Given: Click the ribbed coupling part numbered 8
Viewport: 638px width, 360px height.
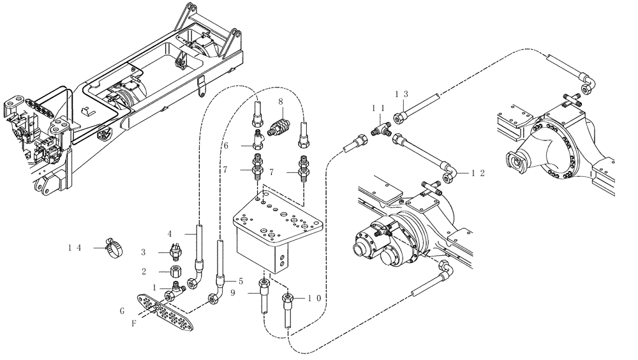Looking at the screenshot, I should click(279, 122).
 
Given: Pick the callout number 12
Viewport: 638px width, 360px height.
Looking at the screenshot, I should click(478, 172).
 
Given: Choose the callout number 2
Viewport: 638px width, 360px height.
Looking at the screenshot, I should click(144, 271).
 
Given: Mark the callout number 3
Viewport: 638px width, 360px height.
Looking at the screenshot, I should click(144, 252).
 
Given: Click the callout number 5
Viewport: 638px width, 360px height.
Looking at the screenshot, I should click(241, 280).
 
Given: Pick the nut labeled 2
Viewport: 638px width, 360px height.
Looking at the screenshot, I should click(175, 273).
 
